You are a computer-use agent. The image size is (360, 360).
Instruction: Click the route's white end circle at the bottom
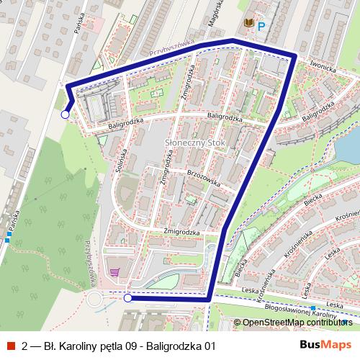(x=127, y=297)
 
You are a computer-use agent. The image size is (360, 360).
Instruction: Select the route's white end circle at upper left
(x=65, y=114)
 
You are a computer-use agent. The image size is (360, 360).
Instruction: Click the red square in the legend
(x=12, y=345)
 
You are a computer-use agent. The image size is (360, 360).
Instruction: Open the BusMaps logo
(x=325, y=345)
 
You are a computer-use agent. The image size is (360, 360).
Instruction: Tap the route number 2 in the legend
(x=25, y=346)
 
